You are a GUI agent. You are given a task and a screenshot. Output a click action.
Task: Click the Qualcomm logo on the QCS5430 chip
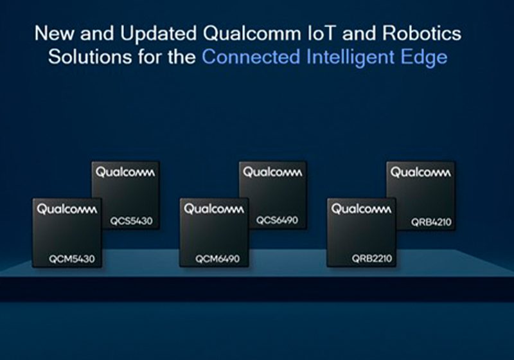tap(126, 172)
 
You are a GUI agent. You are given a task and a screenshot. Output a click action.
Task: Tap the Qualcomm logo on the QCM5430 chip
tap(67, 209)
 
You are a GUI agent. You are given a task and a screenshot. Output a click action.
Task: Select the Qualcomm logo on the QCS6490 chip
tap(272, 172)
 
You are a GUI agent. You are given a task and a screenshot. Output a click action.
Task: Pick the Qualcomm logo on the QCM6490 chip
tap(214, 209)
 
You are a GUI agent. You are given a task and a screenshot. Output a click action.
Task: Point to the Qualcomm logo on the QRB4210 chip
tap(421, 172)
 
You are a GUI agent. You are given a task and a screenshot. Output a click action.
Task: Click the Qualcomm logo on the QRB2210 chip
tap(361, 209)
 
